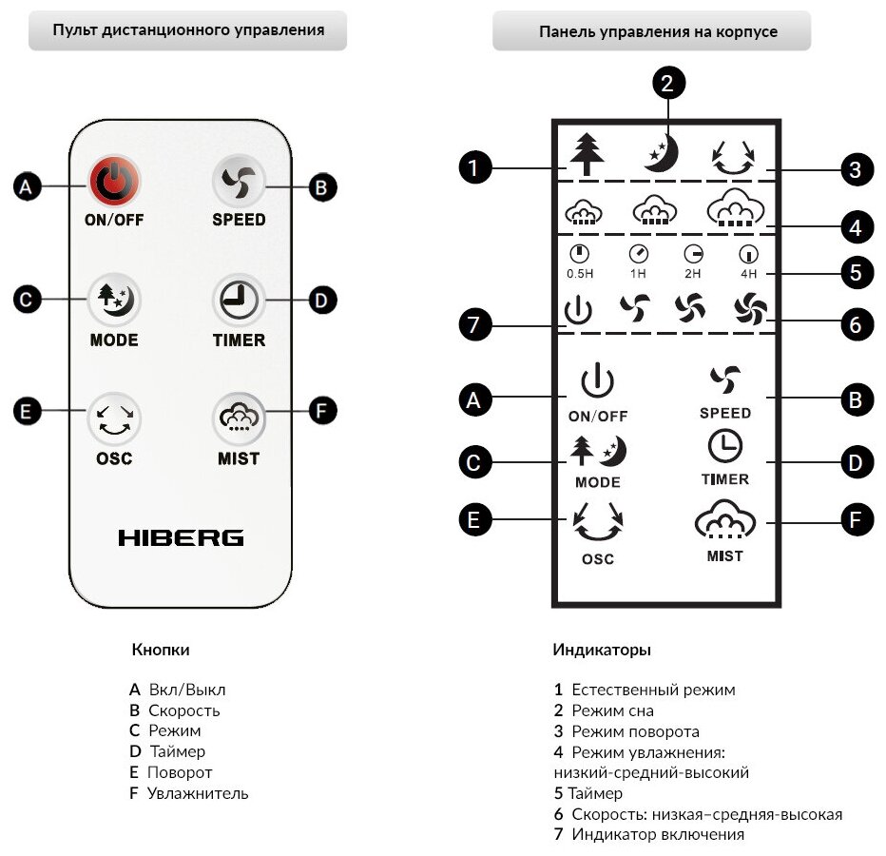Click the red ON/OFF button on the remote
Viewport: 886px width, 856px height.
[114, 184]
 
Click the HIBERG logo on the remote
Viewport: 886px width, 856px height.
[181, 538]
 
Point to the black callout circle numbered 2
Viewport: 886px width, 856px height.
[668, 84]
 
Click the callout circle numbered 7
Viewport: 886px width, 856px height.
[475, 326]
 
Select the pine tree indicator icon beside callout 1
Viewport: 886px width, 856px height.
[587, 154]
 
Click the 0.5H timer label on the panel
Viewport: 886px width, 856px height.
[580, 274]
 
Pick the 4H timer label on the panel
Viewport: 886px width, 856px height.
[749, 274]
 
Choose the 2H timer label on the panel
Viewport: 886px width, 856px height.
[693, 274]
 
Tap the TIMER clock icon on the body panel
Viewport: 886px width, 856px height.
[724, 447]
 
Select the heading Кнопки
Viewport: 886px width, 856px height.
[161, 651]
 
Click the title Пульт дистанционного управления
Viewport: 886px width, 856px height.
[188, 30]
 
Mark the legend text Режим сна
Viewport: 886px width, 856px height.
[612, 710]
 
